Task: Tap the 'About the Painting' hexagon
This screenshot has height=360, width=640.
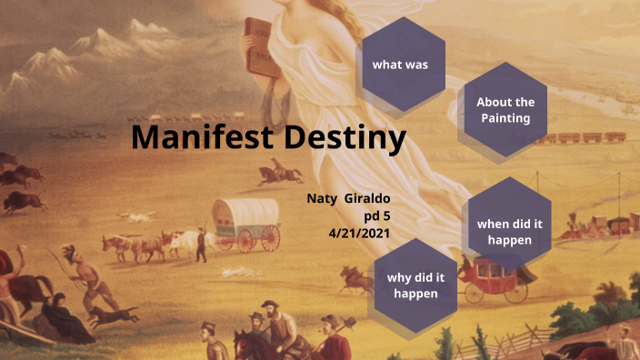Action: [x=505, y=110]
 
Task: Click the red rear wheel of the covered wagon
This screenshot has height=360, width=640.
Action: [x=270, y=238]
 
